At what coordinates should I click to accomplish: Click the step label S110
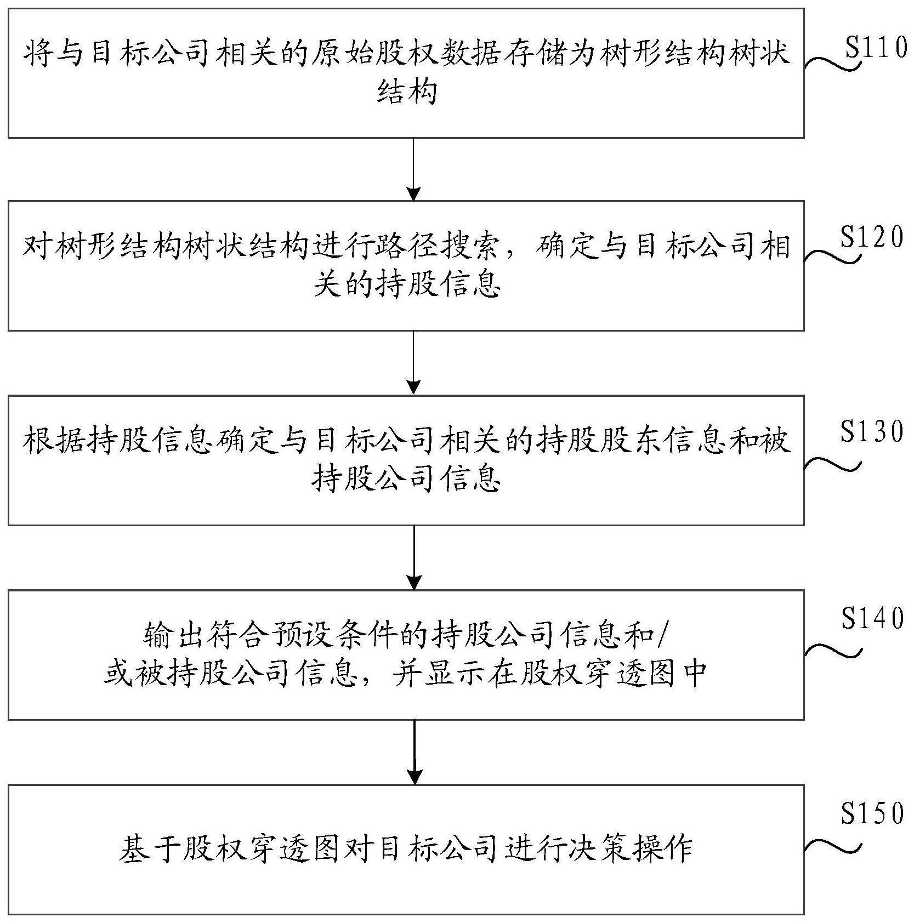click(x=876, y=48)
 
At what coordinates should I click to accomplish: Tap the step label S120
click(x=872, y=238)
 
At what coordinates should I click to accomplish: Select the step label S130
click(x=872, y=431)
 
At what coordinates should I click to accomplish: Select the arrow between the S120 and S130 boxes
click(x=414, y=362)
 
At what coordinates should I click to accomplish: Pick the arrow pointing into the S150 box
click(x=415, y=751)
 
